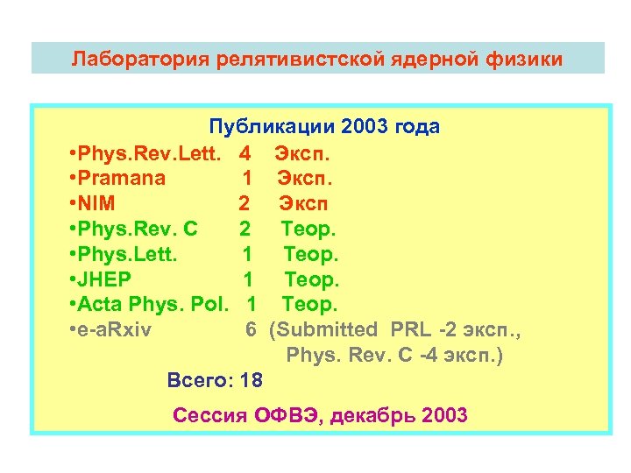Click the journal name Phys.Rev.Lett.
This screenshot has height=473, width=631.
[149, 153]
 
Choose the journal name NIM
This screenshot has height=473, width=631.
[97, 204]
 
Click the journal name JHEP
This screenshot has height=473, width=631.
[105, 280]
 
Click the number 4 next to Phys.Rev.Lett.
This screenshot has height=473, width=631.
[245, 153]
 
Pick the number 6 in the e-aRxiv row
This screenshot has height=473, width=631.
[251, 331]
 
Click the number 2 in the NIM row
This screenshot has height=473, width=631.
[244, 204]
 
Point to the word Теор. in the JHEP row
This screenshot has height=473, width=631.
[311, 280]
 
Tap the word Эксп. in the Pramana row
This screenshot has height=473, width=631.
[305, 179]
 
